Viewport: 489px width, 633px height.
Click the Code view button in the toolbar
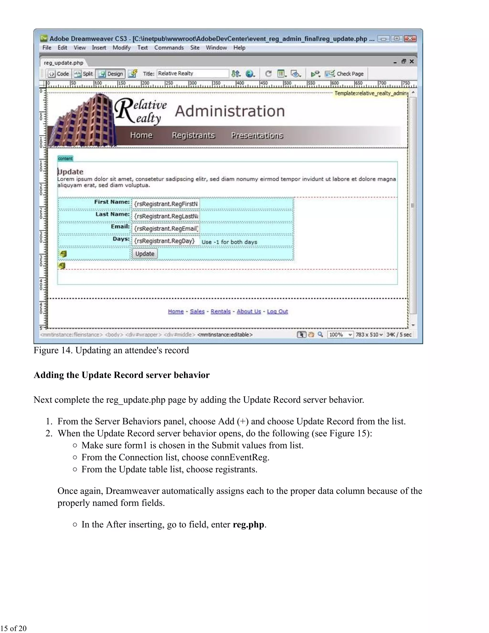tap(59, 74)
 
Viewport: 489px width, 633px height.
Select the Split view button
tap(83, 74)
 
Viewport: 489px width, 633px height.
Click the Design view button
tap(111, 74)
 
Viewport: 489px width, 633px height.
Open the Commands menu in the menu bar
tap(169, 48)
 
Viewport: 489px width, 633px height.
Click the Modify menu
tap(121, 48)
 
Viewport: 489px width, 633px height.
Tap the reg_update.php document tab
tap(64, 63)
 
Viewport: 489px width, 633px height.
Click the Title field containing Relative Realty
tap(192, 74)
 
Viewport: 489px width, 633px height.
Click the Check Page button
tap(345, 74)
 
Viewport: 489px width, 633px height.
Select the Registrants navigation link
tap(193, 135)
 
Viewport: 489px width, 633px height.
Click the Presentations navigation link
tap(257, 135)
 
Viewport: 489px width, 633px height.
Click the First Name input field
tap(166, 204)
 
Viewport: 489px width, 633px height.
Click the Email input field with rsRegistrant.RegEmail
tap(166, 229)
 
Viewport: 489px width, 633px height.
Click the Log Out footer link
tap(277, 311)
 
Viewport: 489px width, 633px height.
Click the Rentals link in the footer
tap(220, 311)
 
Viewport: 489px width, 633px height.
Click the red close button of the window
tap(410, 38)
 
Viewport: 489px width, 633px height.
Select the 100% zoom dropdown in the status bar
tap(340, 334)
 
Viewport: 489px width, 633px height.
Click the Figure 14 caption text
tap(111, 350)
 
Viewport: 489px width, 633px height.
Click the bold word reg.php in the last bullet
tap(248, 524)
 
